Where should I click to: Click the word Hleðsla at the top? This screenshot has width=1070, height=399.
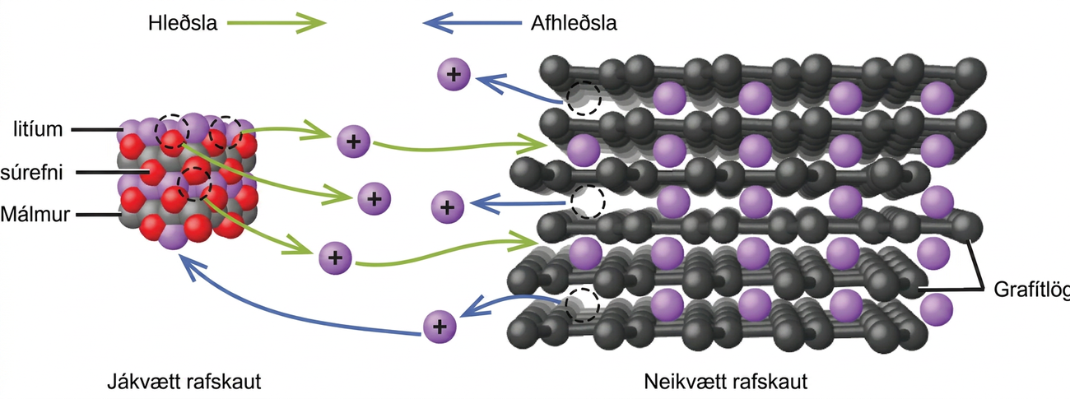183,23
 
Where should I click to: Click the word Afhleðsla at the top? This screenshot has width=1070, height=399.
574,23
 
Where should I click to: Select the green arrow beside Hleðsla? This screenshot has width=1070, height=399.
277,22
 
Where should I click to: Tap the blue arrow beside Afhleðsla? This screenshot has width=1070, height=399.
472,22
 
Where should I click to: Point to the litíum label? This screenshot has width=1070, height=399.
38,129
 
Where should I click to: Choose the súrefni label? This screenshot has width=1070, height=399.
31,172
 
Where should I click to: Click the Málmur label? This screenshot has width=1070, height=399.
35,214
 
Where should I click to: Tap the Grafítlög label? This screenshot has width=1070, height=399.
1032,290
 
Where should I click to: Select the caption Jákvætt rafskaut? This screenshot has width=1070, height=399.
184,382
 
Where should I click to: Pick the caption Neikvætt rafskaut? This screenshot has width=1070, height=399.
726,382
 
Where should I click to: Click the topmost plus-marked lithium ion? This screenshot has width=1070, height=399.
454,74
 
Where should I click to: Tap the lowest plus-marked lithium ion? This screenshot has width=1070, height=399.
440,327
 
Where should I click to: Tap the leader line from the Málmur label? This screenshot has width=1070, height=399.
99,215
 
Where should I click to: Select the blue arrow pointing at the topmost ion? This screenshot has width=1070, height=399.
519,88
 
